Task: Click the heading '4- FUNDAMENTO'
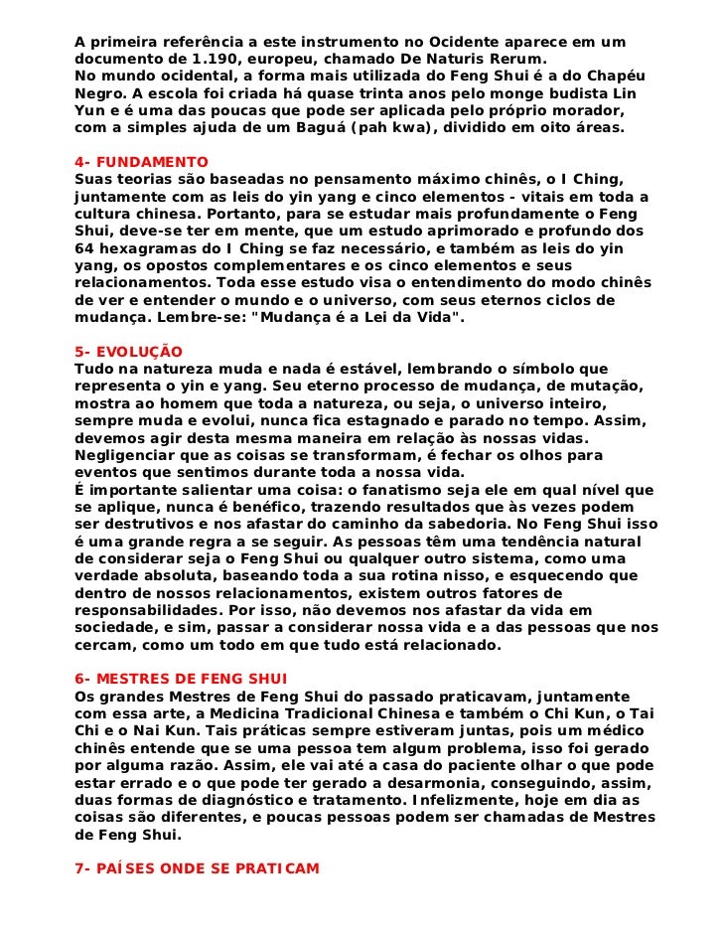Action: point(141,161)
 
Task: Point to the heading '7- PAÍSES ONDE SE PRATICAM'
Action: point(198,868)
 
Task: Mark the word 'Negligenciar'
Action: point(127,455)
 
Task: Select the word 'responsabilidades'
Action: point(144,610)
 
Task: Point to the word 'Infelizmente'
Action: point(444,799)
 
